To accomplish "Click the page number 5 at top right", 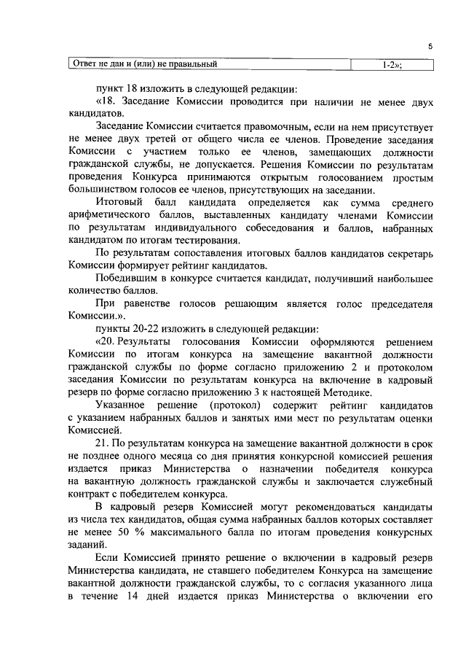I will [x=430, y=45].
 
